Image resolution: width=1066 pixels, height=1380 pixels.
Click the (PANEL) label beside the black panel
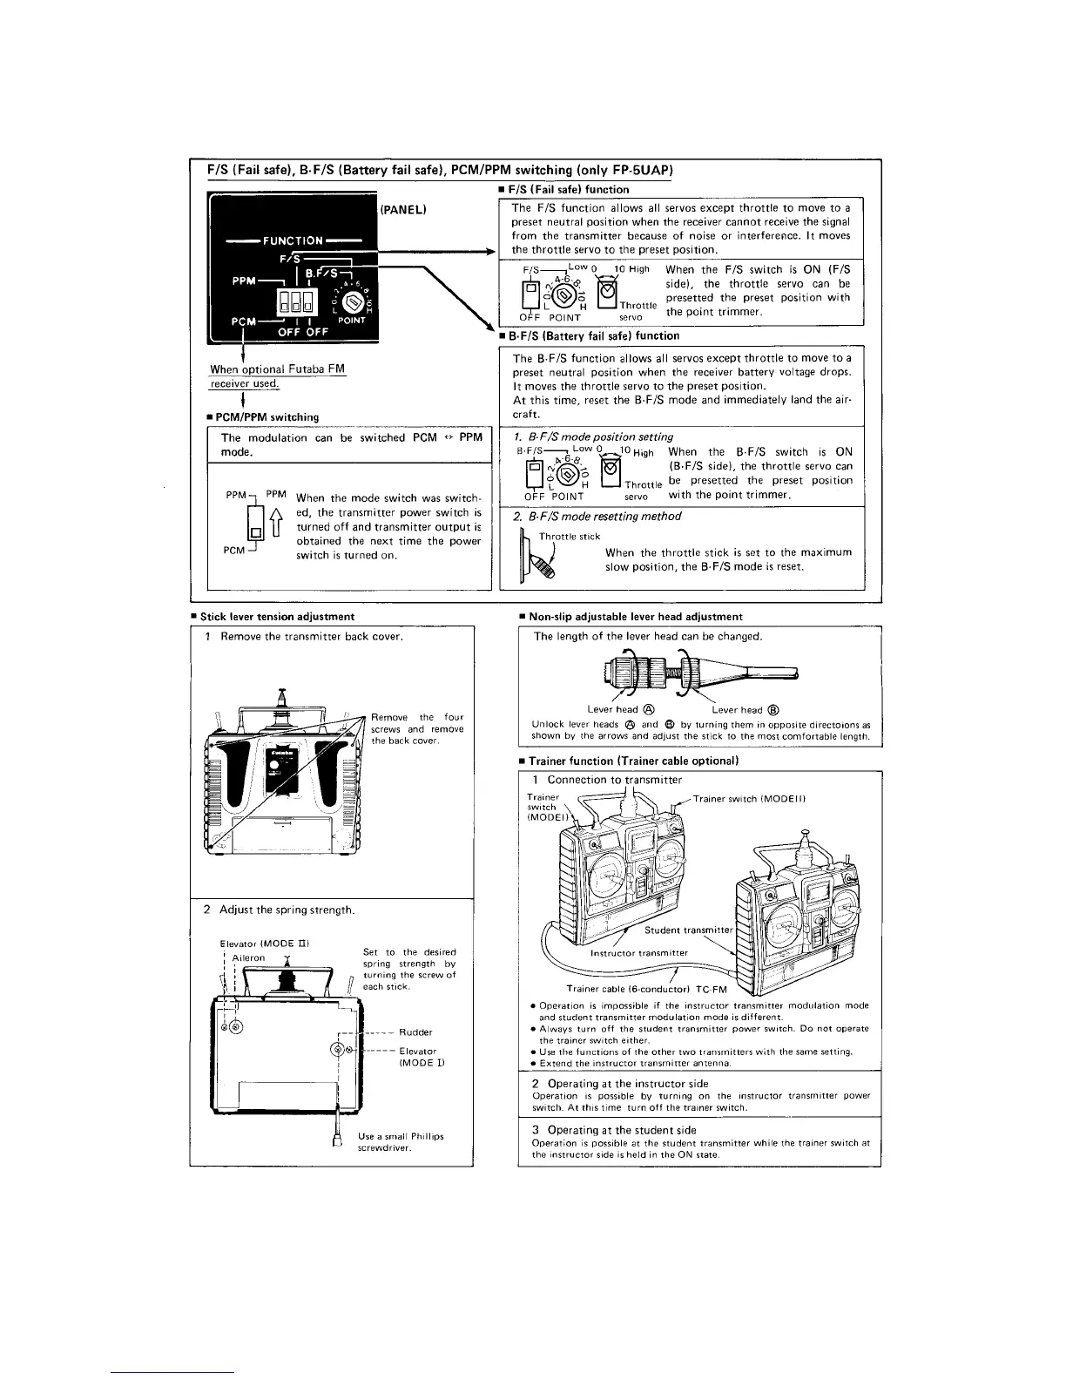coord(401,210)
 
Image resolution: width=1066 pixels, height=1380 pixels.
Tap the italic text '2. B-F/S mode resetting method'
coord(597,516)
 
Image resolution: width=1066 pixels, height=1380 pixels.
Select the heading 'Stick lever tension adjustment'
coord(277,616)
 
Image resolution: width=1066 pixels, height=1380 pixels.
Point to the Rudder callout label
coord(415,1032)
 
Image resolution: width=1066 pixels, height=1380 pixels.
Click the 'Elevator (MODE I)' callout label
coord(418,1057)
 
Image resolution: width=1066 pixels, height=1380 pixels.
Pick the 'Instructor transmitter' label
coord(639,952)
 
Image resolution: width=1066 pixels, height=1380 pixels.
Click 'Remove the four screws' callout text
coord(417,728)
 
